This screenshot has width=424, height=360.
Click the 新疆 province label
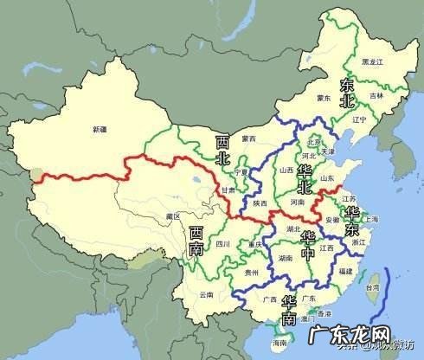[100, 129]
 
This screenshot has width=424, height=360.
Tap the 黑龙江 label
[371, 62]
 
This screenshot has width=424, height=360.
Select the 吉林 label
[374, 96]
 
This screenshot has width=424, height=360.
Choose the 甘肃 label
[227, 190]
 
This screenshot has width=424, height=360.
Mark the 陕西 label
[260, 202]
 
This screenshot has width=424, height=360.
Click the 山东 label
[327, 178]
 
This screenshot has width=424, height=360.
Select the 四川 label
[223, 244]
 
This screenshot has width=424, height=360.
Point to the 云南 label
[205, 295]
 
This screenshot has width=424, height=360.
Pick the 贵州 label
[251, 272]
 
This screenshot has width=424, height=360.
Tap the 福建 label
[344, 272]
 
